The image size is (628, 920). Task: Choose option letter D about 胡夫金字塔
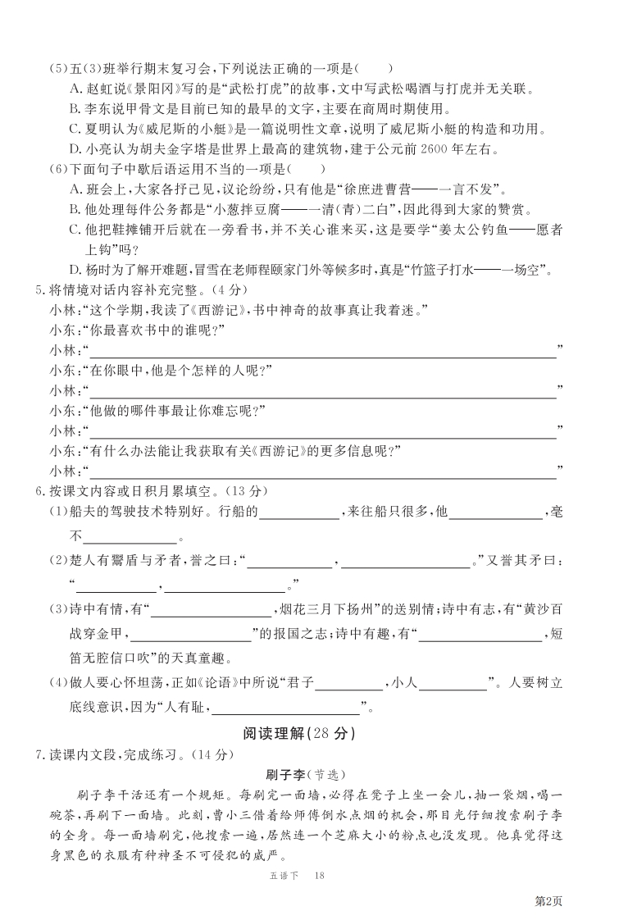pos(75,148)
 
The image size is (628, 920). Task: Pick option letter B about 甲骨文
pos(75,108)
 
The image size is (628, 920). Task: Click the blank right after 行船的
pos(298,513)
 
